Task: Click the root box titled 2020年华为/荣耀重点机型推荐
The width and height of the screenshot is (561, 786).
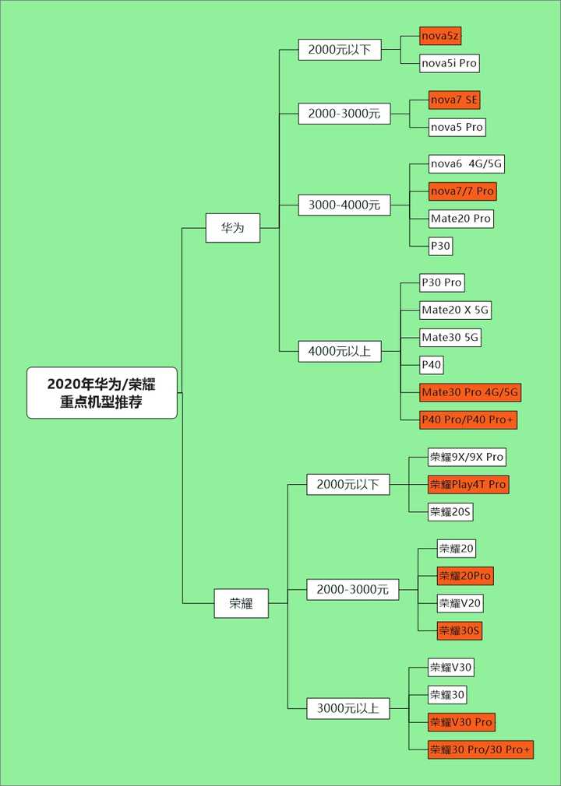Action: coord(102,392)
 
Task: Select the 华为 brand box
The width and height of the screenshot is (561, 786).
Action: coord(232,228)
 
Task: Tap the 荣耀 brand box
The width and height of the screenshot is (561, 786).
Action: coord(241,603)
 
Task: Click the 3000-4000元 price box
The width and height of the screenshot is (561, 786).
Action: coord(344,205)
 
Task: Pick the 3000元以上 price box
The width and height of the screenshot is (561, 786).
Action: coord(348,708)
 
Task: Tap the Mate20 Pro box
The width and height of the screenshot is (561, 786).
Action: coord(461,219)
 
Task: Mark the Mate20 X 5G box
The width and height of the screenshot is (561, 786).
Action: coord(456,310)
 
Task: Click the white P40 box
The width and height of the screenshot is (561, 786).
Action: coord(432,364)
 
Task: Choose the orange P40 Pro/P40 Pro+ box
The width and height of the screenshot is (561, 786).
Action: coord(468,419)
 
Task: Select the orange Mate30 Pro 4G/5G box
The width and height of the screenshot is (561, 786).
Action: coord(470,391)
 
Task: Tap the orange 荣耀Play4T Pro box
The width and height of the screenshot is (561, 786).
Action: coord(467,484)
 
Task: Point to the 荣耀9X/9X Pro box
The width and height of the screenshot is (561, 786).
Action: coord(467,457)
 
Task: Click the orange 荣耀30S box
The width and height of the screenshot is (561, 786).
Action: coord(459,630)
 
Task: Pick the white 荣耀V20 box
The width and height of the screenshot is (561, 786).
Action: coord(460,603)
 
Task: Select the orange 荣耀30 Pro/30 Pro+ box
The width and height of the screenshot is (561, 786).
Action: coord(480,749)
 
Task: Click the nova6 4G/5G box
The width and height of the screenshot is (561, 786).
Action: coord(467,164)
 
